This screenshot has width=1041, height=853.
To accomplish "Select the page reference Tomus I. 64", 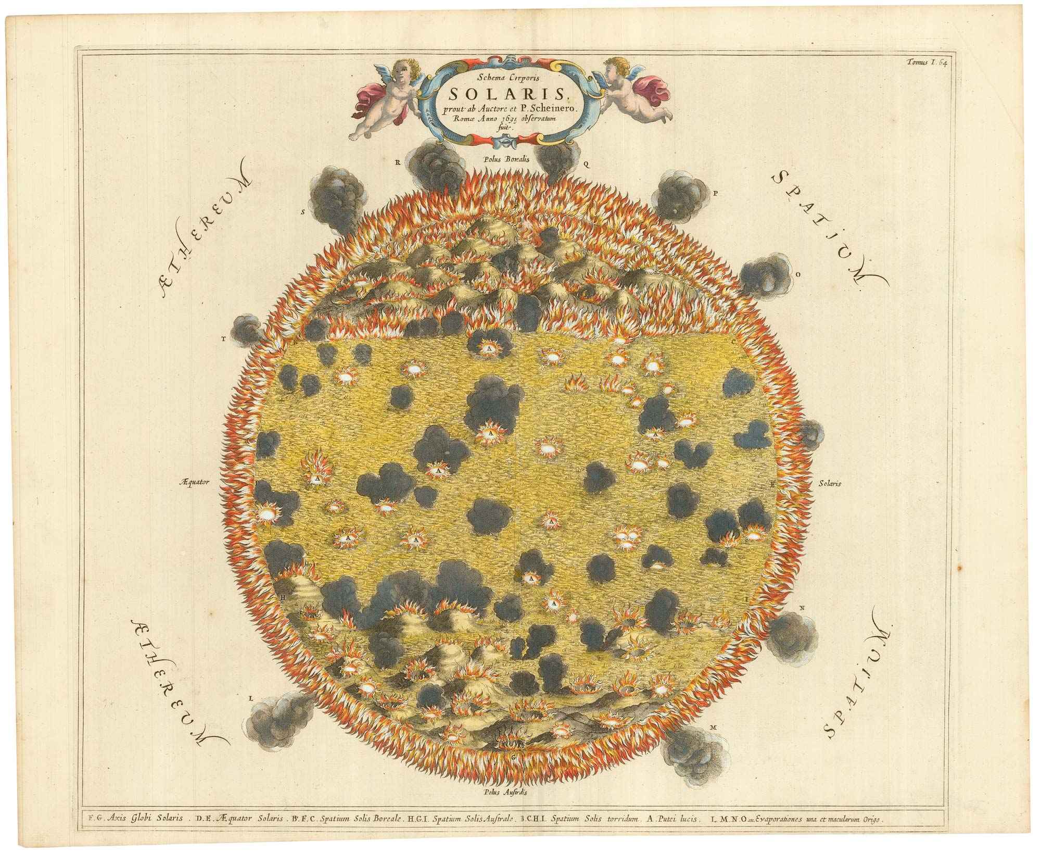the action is (942, 62).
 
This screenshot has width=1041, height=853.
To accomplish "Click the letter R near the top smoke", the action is (396, 162).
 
